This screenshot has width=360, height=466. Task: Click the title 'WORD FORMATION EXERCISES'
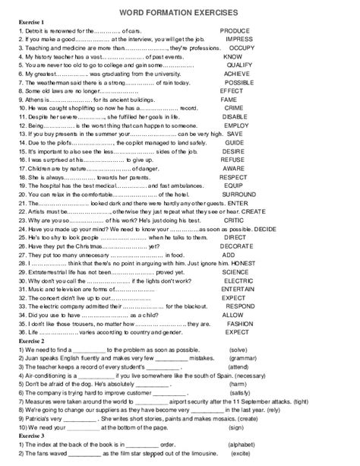[179, 14]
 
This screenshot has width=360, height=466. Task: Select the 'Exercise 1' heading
[32, 23]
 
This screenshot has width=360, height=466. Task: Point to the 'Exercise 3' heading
[32, 435]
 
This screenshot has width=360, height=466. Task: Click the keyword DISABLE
[234, 117]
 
